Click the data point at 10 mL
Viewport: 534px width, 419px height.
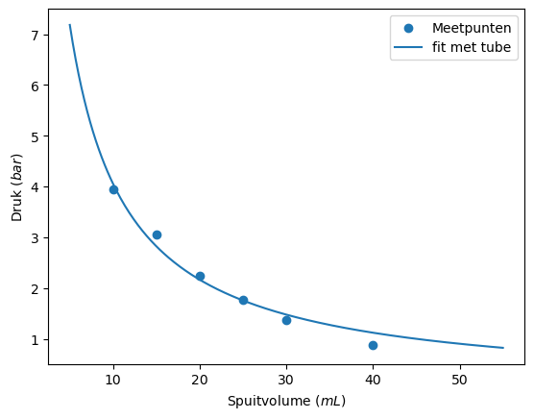(113, 190)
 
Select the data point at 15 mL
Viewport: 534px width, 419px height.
(157, 234)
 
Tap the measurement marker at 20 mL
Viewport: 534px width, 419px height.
(200, 276)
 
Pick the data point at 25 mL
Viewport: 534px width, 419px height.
(243, 300)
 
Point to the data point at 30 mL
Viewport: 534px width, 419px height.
(286, 320)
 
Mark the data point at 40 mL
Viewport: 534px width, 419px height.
(373, 345)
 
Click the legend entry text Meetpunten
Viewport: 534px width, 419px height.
(472, 28)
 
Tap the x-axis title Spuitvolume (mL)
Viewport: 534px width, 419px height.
(286, 401)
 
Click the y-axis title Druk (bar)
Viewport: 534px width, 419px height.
(16, 186)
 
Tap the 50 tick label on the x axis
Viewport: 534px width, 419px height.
(459, 379)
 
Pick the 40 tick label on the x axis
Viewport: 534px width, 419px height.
(373, 379)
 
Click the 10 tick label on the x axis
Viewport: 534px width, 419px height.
(113, 379)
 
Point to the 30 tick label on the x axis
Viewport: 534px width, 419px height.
(286, 379)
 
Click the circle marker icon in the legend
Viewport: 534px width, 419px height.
(409, 28)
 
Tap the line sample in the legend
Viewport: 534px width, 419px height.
(409, 46)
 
